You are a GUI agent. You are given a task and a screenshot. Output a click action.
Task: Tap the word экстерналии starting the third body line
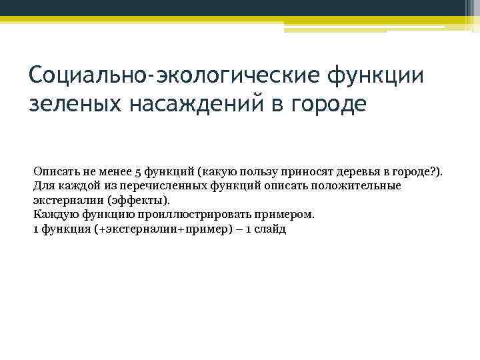64,200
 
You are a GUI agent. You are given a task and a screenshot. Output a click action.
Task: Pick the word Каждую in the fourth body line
56,215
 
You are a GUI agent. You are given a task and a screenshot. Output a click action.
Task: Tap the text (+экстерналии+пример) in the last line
155,229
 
